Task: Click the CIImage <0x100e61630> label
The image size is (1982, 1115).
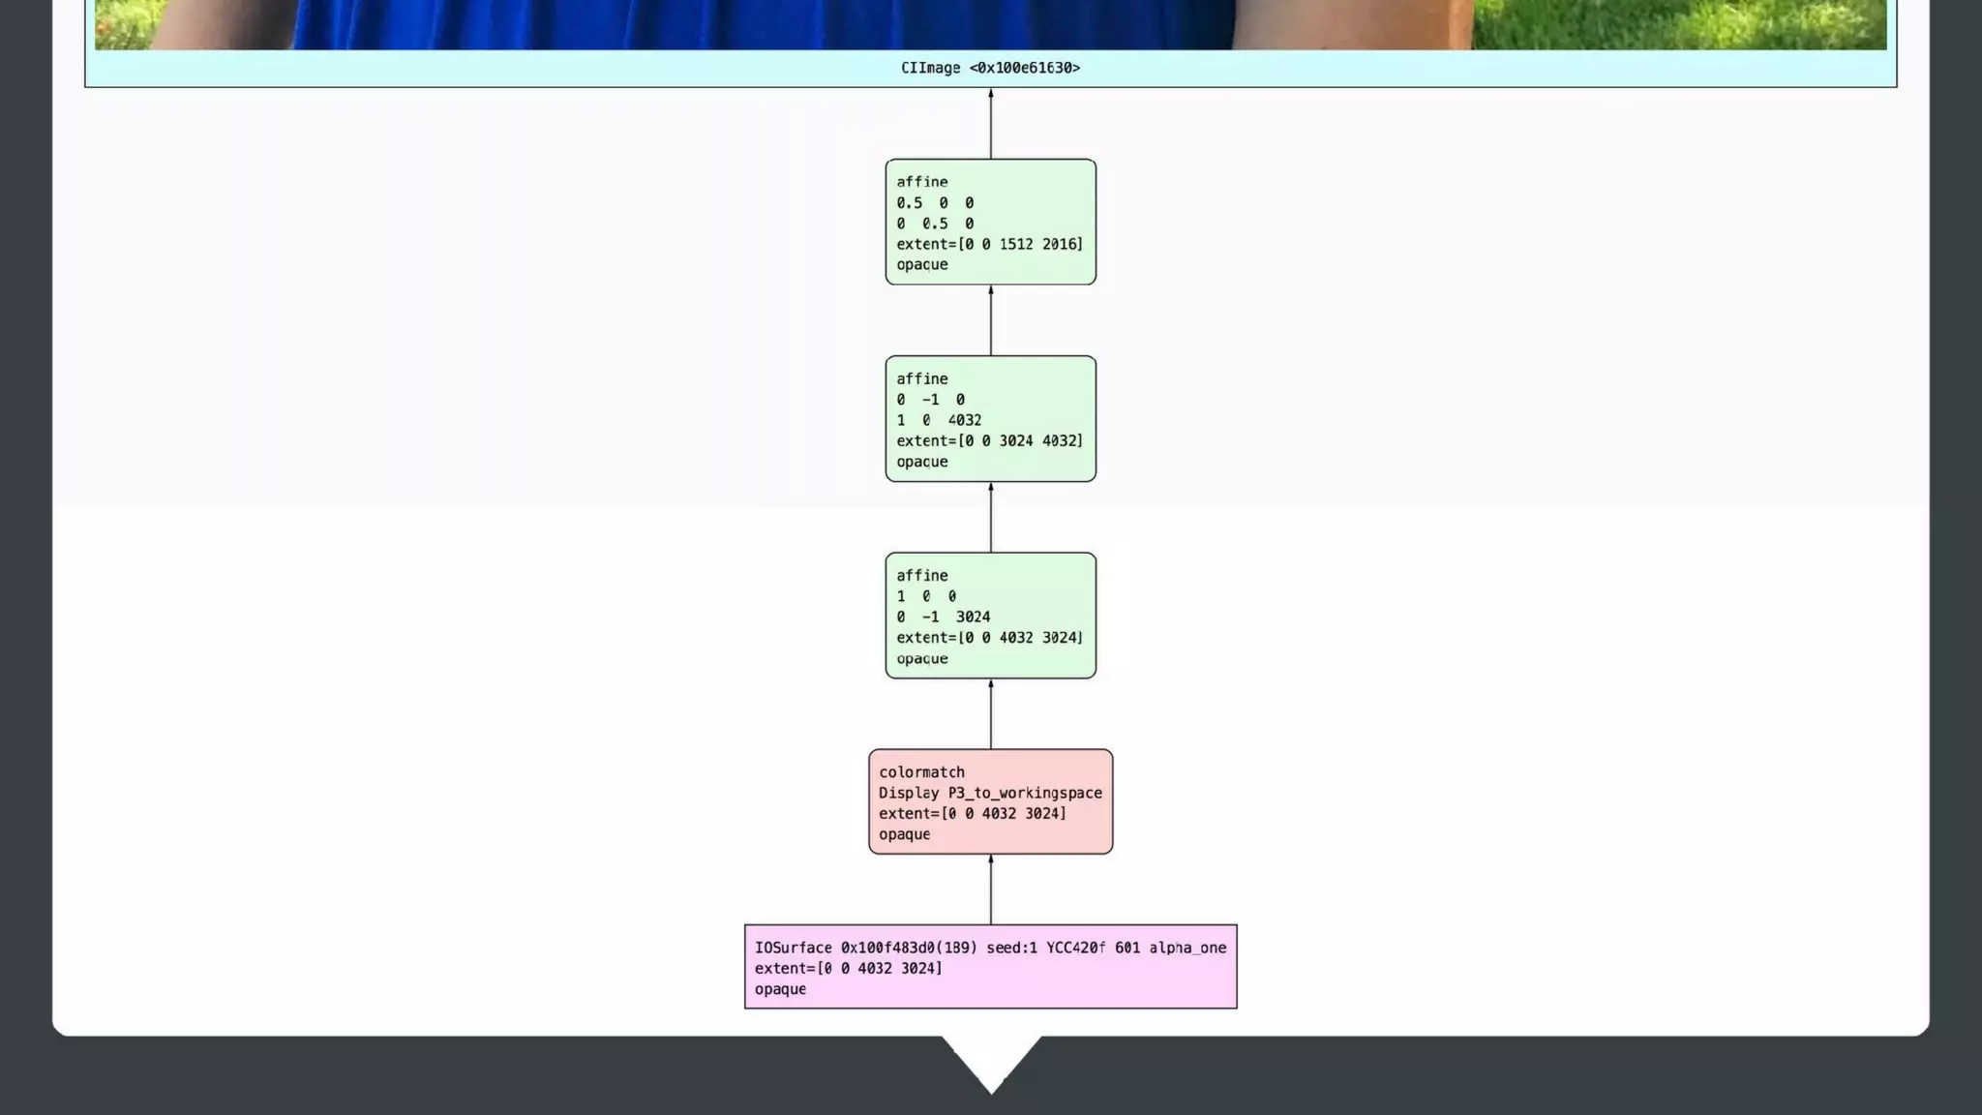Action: pyautogui.click(x=990, y=68)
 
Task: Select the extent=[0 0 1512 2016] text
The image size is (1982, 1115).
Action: pyautogui.click(x=989, y=244)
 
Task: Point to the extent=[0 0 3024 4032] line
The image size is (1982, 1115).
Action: pyautogui.click(x=989, y=440)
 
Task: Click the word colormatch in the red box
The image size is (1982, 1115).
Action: pyautogui.click(x=921, y=772)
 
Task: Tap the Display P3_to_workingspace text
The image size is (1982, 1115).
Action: pyautogui.click(x=990, y=793)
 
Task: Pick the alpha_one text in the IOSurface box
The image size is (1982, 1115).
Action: pyautogui.click(x=1187, y=948)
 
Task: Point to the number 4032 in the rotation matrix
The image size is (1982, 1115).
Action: pyautogui.click(x=964, y=420)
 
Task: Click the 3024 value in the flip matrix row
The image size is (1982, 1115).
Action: pyautogui.click(x=973, y=617)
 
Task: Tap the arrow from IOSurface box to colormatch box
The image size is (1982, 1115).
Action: pyautogui.click(x=990, y=889)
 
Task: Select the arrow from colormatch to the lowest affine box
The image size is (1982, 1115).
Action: pyautogui.click(x=990, y=714)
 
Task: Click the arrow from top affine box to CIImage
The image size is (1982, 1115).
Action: pyautogui.click(x=990, y=124)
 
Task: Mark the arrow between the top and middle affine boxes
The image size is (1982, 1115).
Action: pyautogui.click(x=990, y=320)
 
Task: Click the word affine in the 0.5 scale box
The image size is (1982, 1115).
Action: pyautogui.click(x=921, y=182)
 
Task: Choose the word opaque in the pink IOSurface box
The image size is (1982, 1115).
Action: pyautogui.click(x=780, y=989)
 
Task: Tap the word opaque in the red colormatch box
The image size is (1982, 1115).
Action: pyautogui.click(x=904, y=834)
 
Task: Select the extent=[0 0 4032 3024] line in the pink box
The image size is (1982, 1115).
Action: pyautogui.click(x=848, y=968)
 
